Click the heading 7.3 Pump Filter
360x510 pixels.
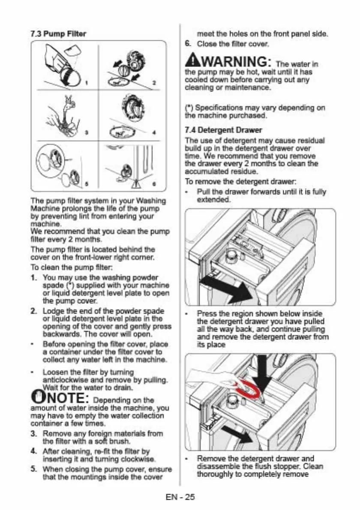tap(58, 34)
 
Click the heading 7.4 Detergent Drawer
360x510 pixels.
tap(223, 130)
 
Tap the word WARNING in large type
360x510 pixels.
tap(234, 62)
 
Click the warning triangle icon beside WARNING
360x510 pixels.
tap(191, 61)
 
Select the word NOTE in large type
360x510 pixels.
tap(66, 398)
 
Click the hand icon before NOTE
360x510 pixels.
tap(37, 397)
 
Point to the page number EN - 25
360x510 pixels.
tap(180, 497)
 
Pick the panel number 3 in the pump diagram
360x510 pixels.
tap(86, 132)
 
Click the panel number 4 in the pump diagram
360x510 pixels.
tap(154, 132)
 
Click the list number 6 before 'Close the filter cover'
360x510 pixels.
tap(187, 43)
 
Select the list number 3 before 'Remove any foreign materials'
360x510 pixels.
tap(33, 433)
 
